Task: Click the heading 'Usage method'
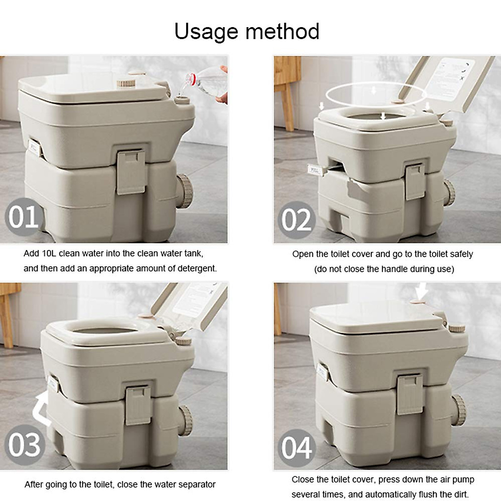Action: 247,31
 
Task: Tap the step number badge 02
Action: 296,220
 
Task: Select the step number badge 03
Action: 24,445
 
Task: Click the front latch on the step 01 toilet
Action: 131,172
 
